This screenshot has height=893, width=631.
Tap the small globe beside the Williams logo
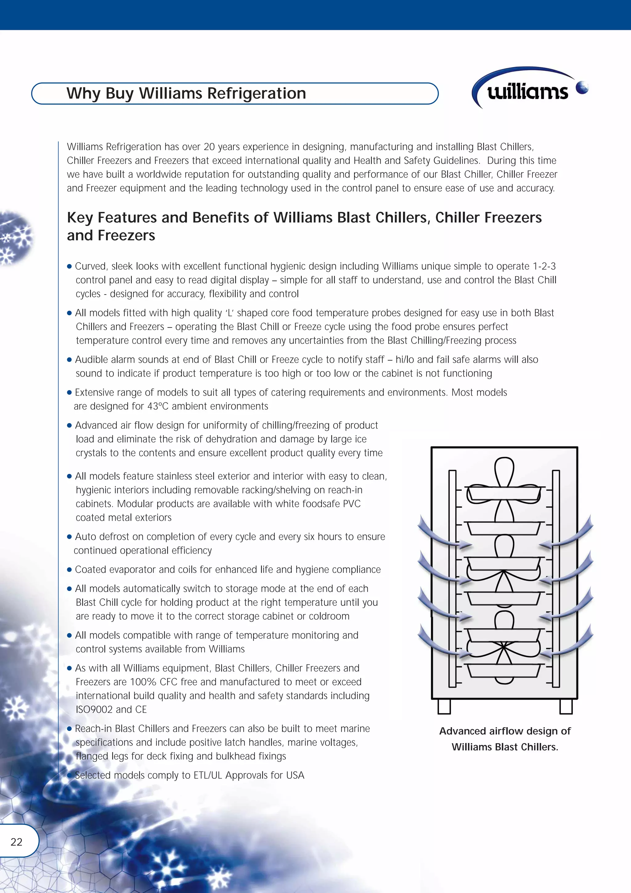[x=582, y=87]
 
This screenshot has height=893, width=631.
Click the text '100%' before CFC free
[x=144, y=682]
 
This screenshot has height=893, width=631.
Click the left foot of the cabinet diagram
[x=444, y=706]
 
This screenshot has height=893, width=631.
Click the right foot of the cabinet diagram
[x=566, y=706]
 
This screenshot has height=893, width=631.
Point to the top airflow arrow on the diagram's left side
[x=443, y=533]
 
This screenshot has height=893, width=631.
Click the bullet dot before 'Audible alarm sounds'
[x=70, y=360]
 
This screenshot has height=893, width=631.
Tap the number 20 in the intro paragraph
[x=209, y=147]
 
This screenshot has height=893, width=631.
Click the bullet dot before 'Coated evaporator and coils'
[x=70, y=570]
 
